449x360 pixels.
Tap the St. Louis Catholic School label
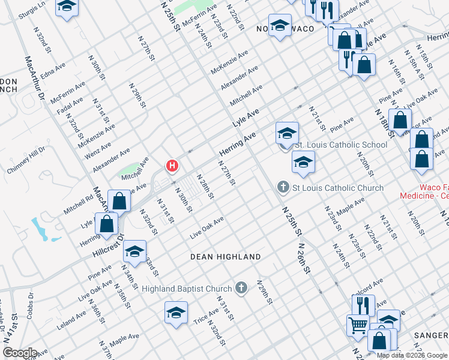(340, 145)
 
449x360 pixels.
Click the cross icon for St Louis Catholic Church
(283, 188)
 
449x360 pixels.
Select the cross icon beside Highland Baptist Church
(241, 289)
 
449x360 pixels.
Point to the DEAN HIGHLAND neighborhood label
(225, 257)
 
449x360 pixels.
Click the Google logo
(19, 353)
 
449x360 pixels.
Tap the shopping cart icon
(357, 325)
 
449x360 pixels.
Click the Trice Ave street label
(206, 316)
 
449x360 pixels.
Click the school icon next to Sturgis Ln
(67, 7)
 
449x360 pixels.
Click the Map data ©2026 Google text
(412, 355)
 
